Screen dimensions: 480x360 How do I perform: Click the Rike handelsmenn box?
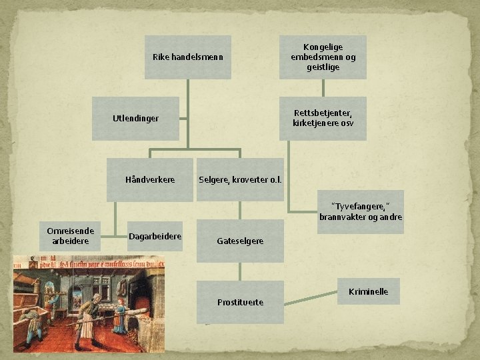(187, 57)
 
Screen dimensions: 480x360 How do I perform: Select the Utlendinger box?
(135, 119)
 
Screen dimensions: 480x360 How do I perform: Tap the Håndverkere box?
(150, 180)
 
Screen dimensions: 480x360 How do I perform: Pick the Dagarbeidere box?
(155, 236)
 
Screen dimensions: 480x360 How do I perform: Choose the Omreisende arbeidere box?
(70, 236)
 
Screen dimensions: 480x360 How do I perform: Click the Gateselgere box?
(240, 241)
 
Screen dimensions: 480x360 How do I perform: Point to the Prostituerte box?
(240, 302)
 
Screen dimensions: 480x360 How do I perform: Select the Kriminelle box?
(369, 291)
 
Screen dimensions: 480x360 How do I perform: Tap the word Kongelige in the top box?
(323, 47)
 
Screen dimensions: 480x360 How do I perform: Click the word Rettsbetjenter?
(323, 113)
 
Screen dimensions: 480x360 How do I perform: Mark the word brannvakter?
(341, 217)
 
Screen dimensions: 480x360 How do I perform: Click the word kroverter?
(250, 180)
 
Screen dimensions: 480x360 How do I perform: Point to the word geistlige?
(323, 67)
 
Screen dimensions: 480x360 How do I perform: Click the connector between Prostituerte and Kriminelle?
(311, 298)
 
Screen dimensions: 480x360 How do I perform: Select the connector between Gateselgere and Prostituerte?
(240, 271)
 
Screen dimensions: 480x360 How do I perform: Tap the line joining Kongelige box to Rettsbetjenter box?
(323, 88)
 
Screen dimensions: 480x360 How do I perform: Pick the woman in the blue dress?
(120, 316)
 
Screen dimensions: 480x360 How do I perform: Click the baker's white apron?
(88, 325)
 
